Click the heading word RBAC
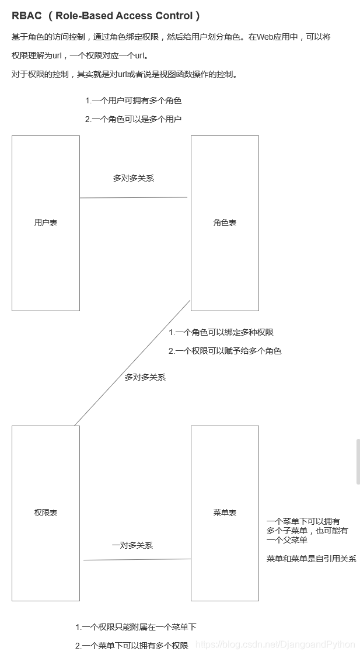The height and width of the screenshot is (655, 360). click(27, 16)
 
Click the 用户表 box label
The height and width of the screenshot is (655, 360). click(46, 222)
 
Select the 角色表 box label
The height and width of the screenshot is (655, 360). click(225, 222)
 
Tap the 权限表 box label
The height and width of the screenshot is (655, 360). click(46, 513)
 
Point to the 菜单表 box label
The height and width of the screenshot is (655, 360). click(225, 513)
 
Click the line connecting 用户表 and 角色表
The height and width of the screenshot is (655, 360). click(134, 197)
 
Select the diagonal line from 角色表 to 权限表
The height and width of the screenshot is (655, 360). click(132, 363)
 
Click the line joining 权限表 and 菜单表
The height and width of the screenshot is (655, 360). click(137, 559)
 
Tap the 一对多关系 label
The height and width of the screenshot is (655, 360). click(132, 545)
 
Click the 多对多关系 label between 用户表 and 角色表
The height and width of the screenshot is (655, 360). click(134, 178)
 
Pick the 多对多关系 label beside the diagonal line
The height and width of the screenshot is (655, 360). click(145, 377)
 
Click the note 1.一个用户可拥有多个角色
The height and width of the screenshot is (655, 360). click(133, 100)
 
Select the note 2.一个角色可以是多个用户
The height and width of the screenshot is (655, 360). click(133, 119)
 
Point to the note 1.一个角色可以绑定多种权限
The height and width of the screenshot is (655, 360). click(221, 332)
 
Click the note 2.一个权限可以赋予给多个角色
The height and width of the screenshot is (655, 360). click(225, 351)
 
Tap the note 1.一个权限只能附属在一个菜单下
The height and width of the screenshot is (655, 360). click(135, 626)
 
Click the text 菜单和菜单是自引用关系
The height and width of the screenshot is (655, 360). click(311, 559)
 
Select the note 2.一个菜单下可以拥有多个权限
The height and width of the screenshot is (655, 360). click(132, 645)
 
